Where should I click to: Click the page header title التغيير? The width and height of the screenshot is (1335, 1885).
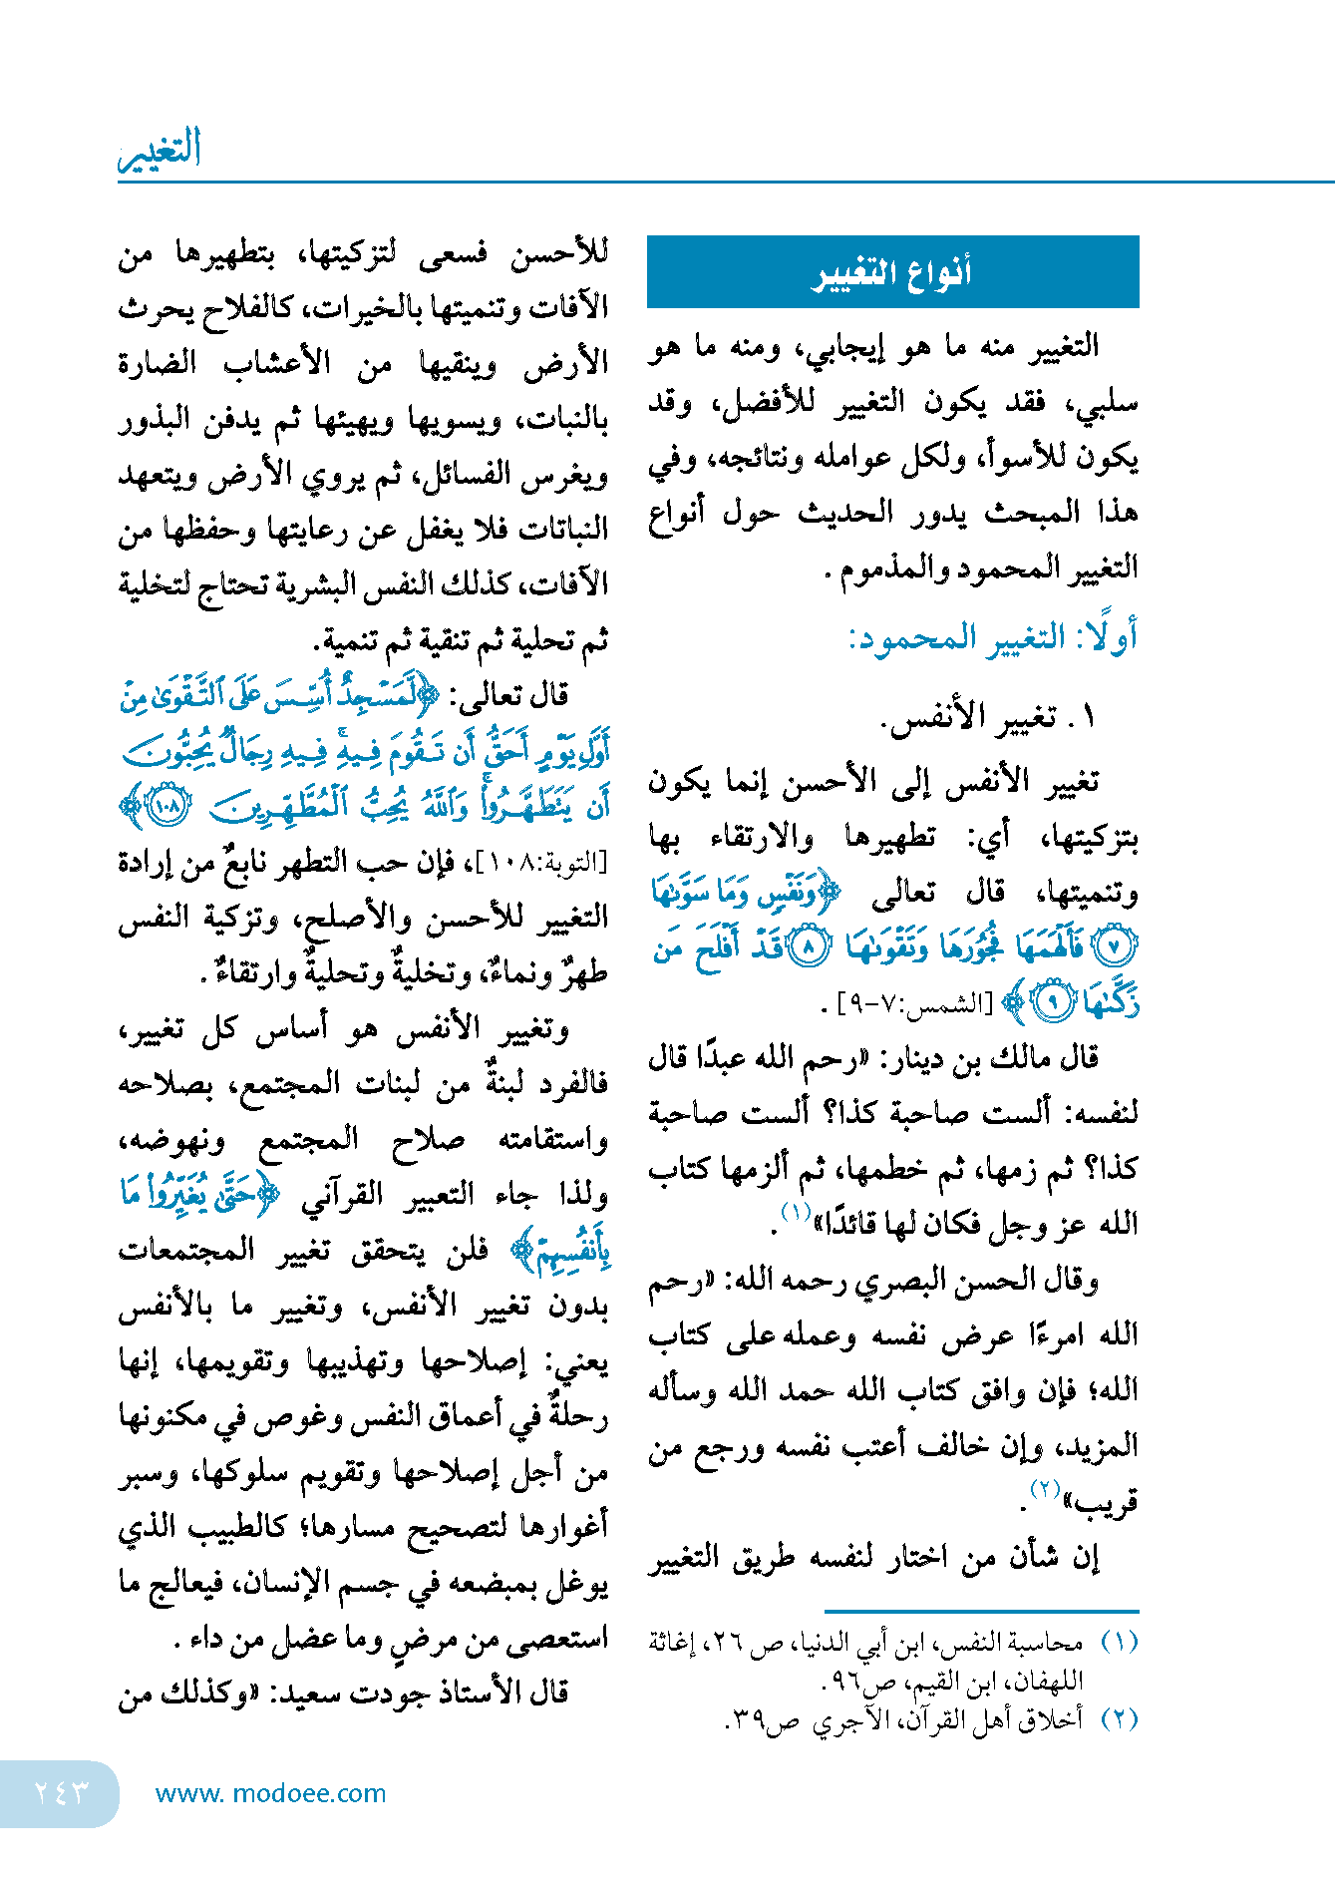pyautogui.click(x=161, y=150)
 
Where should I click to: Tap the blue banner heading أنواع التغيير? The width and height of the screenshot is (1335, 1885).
pyautogui.click(x=892, y=272)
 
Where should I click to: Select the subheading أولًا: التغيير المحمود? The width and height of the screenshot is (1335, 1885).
pyautogui.click(x=992, y=637)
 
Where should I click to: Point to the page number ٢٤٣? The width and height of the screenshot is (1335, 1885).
pyautogui.click(x=60, y=1792)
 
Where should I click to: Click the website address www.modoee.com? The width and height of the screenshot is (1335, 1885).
pyautogui.click(x=270, y=1793)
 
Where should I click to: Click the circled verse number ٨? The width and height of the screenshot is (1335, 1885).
pyautogui.click(x=809, y=946)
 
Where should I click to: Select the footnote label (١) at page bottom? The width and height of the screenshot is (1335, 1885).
pyautogui.click(x=1118, y=1642)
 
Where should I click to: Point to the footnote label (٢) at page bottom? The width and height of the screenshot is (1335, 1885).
pyautogui.click(x=1118, y=1719)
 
